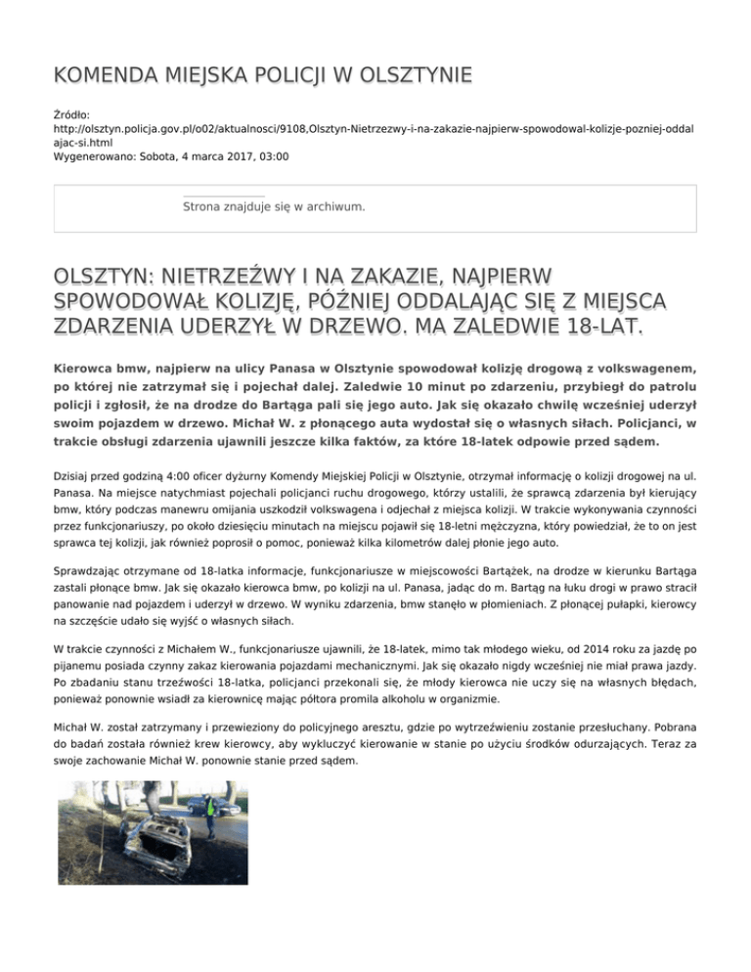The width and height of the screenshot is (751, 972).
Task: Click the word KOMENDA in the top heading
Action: [109, 75]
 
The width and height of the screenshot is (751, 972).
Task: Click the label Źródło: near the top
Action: [72, 114]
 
